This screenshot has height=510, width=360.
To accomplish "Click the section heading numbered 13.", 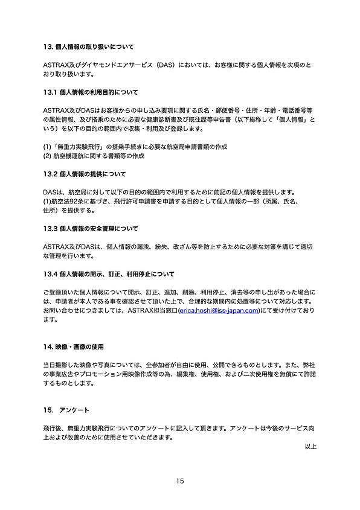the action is click(x=88, y=46).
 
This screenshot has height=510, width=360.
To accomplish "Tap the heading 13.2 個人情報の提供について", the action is click(x=84, y=174).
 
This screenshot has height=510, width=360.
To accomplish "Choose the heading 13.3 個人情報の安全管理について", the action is click(x=90, y=229).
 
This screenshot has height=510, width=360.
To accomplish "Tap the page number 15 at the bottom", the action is click(x=180, y=481).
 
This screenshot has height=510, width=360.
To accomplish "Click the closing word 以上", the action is click(x=310, y=447).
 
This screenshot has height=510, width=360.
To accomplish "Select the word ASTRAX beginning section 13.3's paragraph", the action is click(x=55, y=247).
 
